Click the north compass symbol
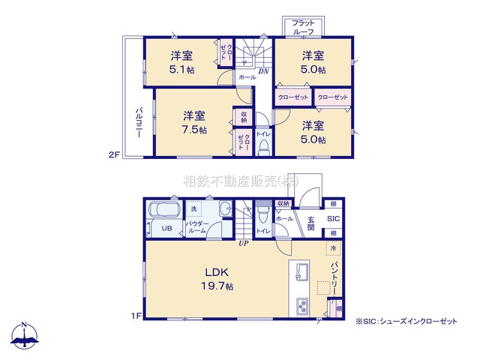click(24, 335)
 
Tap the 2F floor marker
click(113, 155)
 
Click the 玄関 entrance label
click(310, 223)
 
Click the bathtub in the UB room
click(160, 209)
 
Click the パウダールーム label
click(198, 228)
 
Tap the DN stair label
click(263, 71)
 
